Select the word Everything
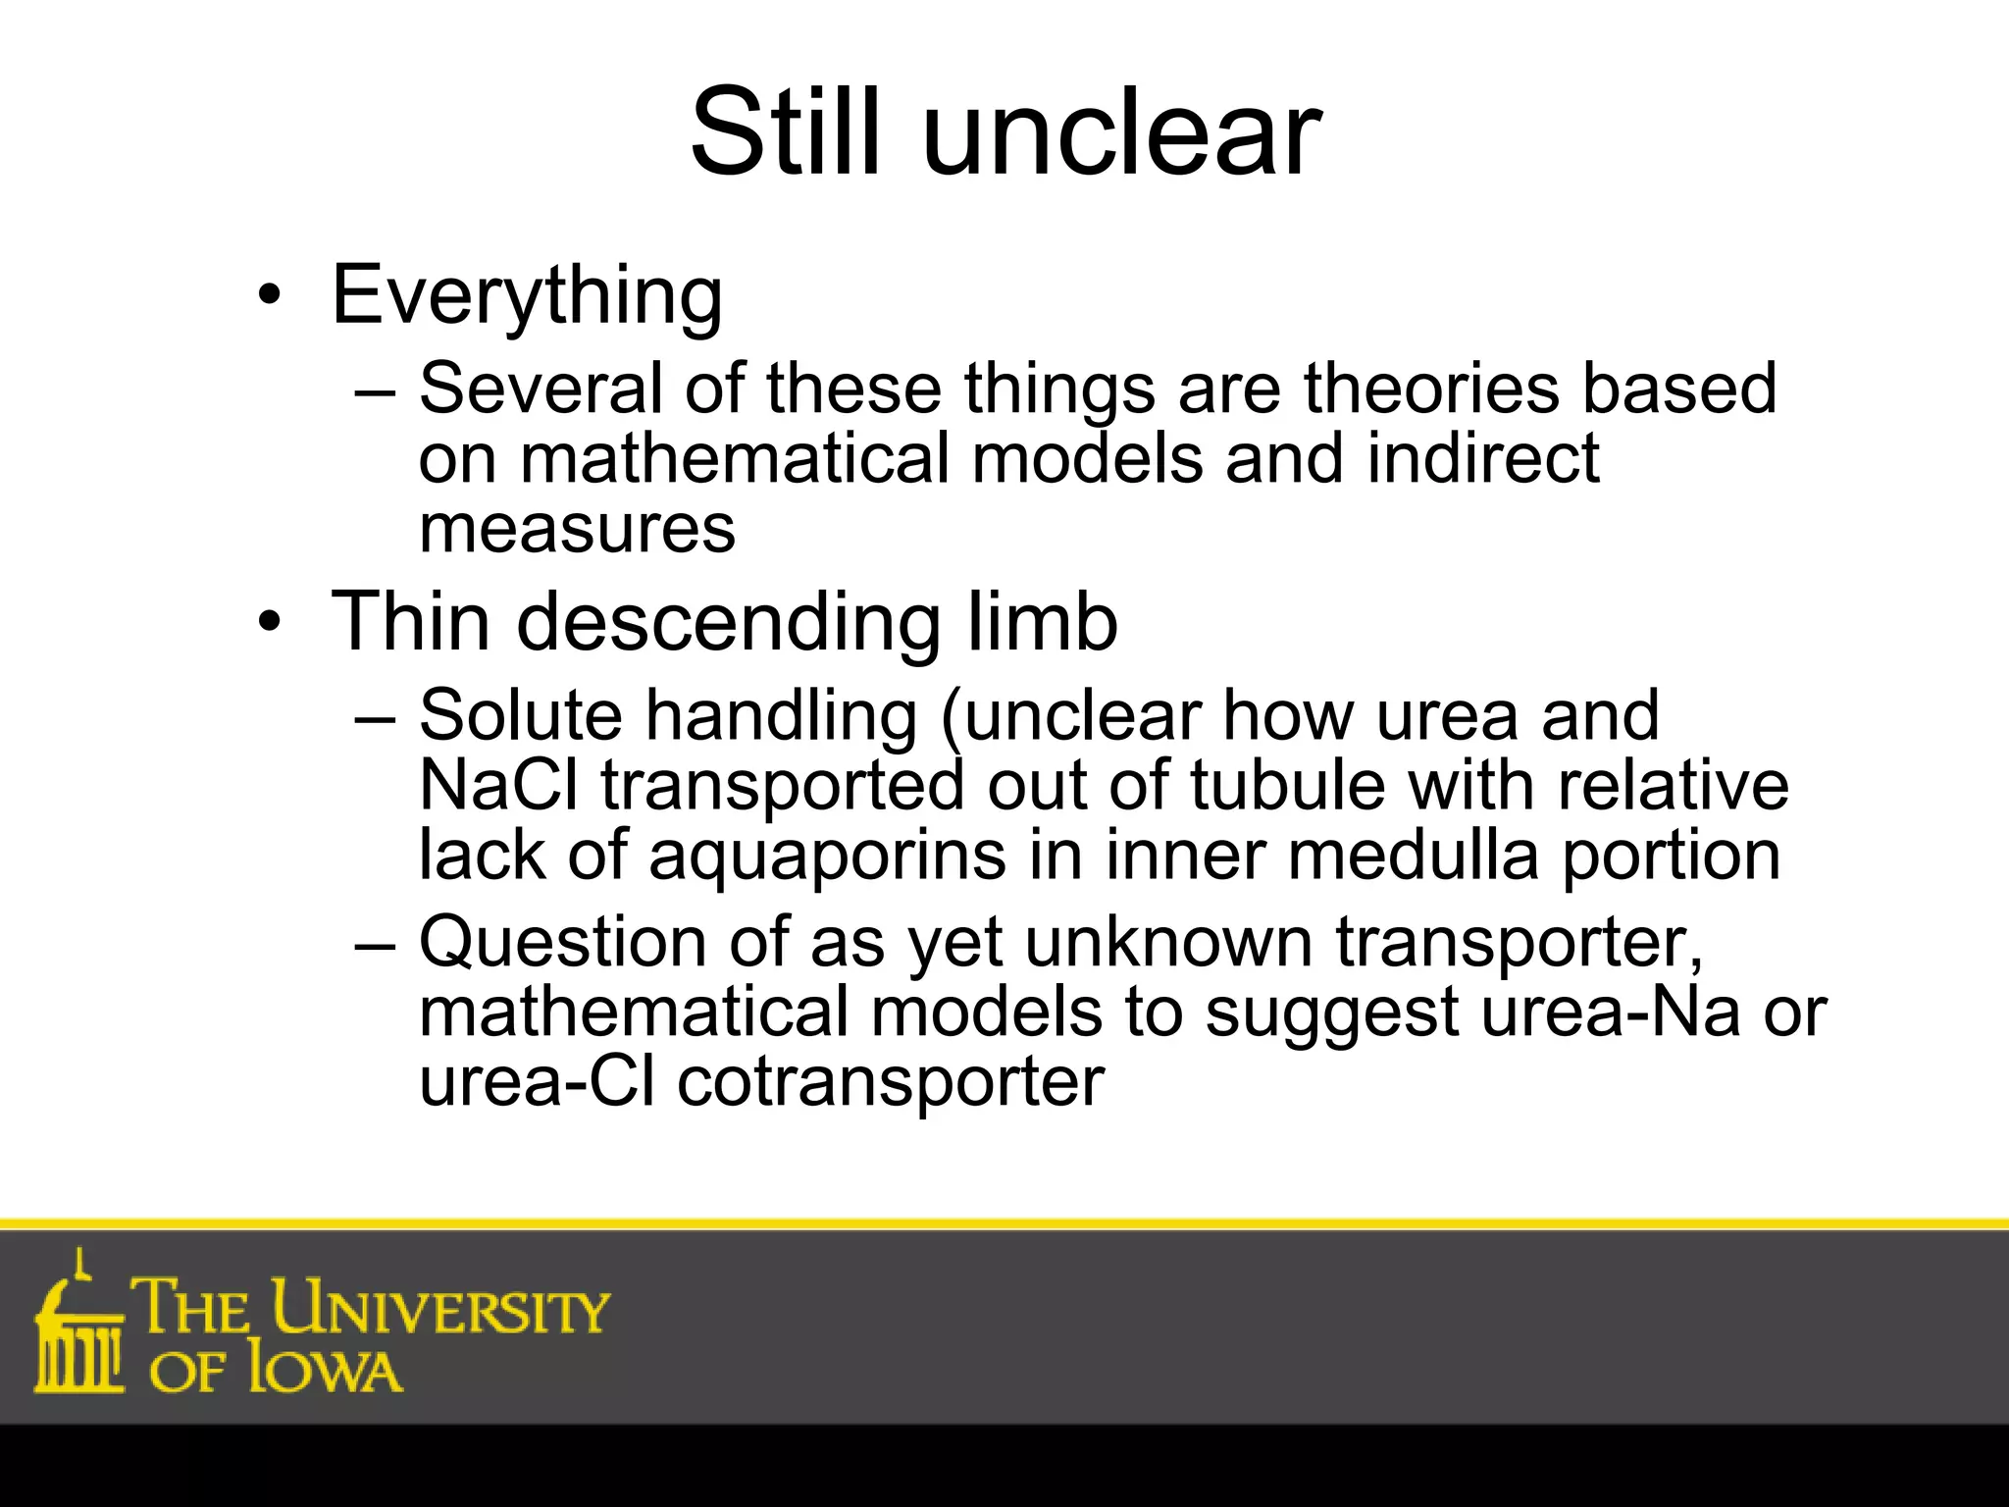click(x=528, y=295)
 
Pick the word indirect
click(x=1483, y=458)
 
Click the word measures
click(x=577, y=529)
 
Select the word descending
click(x=731, y=622)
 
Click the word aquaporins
click(x=827, y=856)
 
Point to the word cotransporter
click(x=891, y=1082)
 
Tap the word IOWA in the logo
click(x=325, y=1370)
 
